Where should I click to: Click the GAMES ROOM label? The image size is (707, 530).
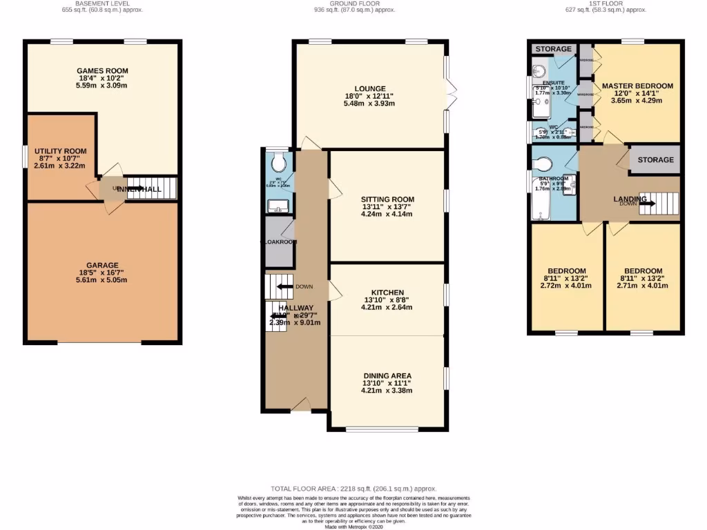pyautogui.click(x=102, y=70)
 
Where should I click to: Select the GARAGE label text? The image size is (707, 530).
pyautogui.click(x=102, y=265)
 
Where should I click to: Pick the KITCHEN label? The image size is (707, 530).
pyautogui.click(x=387, y=293)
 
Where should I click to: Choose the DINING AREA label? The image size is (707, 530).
pyautogui.click(x=387, y=375)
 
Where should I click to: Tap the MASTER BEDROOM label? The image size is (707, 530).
pyautogui.click(x=637, y=86)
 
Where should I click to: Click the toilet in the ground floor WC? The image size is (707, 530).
pyautogui.click(x=280, y=163)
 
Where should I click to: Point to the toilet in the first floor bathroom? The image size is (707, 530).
pyautogui.click(x=543, y=164)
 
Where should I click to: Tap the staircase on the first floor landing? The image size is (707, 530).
pyautogui.click(x=659, y=204)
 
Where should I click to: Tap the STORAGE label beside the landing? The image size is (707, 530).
pyautogui.click(x=655, y=160)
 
